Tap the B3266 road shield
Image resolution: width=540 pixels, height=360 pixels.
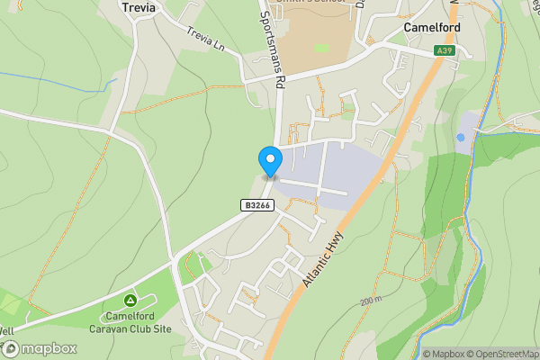pos(256,205)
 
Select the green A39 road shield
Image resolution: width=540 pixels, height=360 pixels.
pos(443,51)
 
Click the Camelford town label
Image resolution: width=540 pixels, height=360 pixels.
pos(432,28)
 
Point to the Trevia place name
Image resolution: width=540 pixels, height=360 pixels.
pos(138,7)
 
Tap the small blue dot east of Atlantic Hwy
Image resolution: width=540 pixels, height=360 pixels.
pos(461,137)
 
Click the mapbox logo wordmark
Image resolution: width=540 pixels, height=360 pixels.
pos(43,348)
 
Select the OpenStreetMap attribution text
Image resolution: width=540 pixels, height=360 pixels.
pos(503,354)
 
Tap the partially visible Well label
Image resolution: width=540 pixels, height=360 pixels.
pos(6,331)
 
